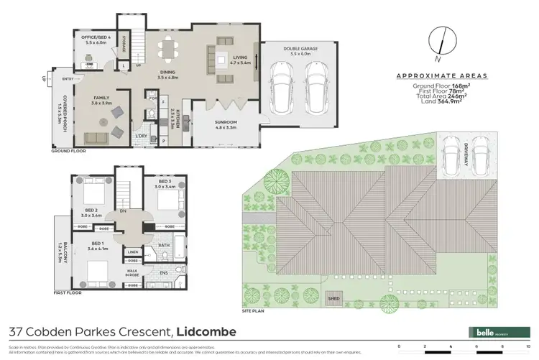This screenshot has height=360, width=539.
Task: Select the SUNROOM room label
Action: point(230,123)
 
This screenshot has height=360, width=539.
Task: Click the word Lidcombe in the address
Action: point(209,331)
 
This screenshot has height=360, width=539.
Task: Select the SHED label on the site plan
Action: point(336,297)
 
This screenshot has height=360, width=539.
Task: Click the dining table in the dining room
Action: point(170,49)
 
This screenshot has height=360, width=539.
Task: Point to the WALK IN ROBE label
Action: point(134,272)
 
